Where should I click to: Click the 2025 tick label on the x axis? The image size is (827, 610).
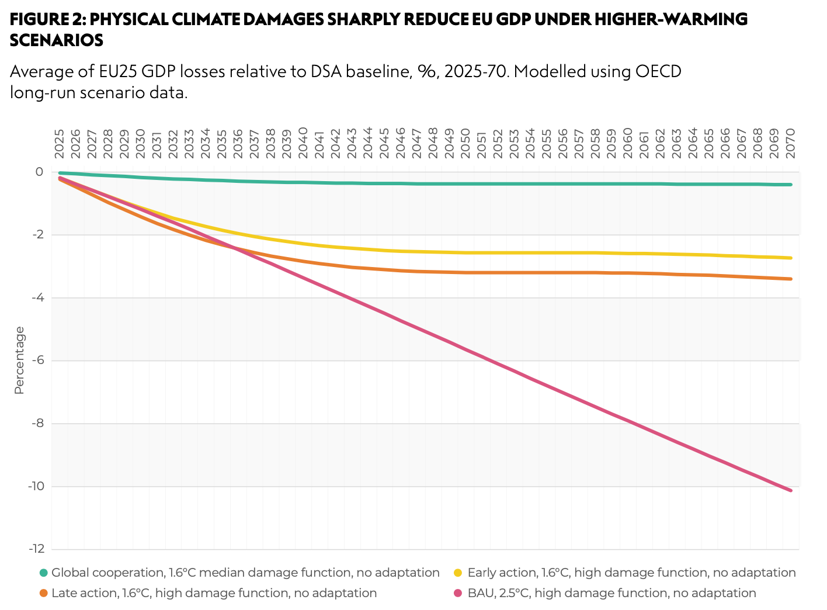[60, 144]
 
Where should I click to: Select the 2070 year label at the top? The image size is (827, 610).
[791, 144]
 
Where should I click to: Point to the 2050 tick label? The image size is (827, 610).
[465, 144]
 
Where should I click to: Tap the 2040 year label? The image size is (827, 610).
[303, 144]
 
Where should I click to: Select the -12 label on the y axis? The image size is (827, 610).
[36, 549]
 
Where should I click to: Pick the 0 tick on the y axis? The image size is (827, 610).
[39, 172]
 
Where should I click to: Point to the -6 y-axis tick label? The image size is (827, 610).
[38, 361]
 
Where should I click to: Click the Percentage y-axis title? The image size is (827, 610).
[19, 361]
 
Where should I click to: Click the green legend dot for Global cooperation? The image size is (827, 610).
[43, 573]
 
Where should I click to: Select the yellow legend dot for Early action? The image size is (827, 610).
[458, 573]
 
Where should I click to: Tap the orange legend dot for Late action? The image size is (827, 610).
[43, 594]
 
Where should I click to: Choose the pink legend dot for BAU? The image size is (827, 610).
[458, 594]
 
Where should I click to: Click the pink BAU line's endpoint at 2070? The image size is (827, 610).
[791, 490]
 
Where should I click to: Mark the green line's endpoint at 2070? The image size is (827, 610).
[791, 185]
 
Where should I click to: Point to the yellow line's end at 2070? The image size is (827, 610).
[791, 258]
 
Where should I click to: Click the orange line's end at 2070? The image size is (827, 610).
[791, 279]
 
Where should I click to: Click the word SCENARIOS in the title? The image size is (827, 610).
[57, 40]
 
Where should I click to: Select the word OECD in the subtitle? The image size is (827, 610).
[658, 72]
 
